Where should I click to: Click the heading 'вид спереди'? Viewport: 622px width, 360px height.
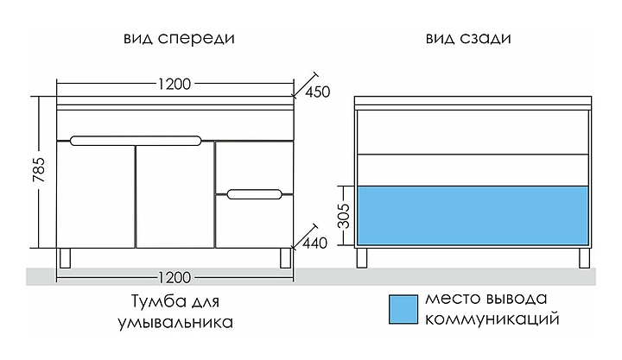pyautogui.click(x=179, y=40)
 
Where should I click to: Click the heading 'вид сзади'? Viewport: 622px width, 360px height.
pyautogui.click(x=468, y=40)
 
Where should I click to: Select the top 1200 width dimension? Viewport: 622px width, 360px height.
pyautogui.click(x=175, y=84)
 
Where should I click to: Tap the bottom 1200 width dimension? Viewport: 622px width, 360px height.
pyautogui.click(x=175, y=277)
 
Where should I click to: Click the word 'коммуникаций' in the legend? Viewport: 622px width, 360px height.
pyautogui.click(x=488, y=319)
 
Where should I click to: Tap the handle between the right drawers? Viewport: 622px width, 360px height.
pyautogui.click(x=254, y=193)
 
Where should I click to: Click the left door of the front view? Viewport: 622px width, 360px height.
pyautogui.click(x=95, y=196)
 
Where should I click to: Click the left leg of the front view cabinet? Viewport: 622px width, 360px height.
pyautogui.click(x=67, y=257)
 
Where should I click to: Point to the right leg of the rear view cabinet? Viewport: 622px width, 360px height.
pyautogui.click(x=580, y=257)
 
